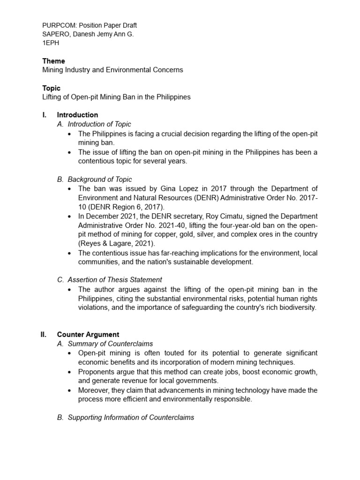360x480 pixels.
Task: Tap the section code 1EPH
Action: [x=51, y=43]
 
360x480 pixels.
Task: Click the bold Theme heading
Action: [x=53, y=61]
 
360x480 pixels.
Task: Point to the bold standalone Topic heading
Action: [x=51, y=88]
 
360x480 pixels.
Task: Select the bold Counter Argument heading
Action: [x=88, y=335]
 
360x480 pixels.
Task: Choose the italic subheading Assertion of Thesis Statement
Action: [x=115, y=280]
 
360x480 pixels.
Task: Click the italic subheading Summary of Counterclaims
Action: [x=110, y=344]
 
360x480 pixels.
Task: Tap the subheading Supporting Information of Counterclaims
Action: [x=131, y=417]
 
